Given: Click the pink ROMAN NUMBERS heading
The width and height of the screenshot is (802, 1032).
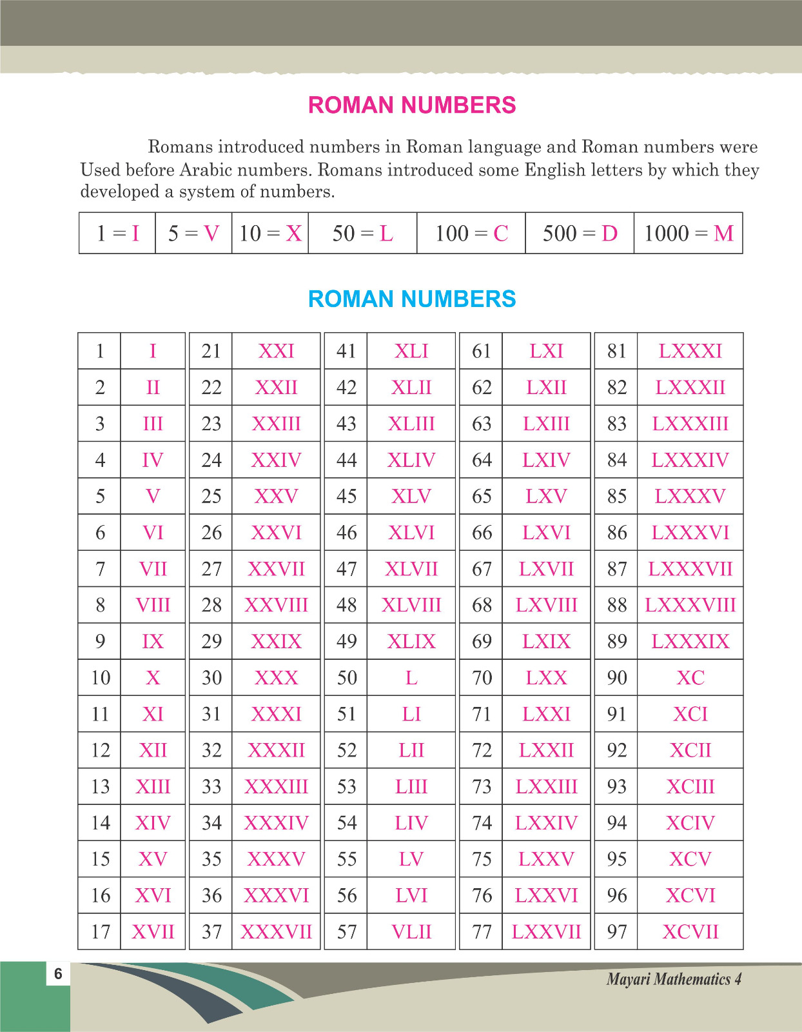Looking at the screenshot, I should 412,105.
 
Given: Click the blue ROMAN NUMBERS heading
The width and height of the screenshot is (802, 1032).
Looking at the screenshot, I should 412,299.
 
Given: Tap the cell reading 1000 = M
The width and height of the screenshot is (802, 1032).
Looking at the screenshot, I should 689,233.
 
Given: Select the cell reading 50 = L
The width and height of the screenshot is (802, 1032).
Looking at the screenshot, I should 362,233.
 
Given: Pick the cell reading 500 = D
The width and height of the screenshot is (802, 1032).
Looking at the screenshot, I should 580,233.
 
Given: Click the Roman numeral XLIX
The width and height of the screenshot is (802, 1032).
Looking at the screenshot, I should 411,641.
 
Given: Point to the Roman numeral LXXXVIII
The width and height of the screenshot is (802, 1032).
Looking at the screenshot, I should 690,605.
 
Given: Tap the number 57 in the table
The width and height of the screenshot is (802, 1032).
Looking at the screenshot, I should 346,931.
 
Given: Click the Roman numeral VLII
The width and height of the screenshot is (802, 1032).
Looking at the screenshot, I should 411,931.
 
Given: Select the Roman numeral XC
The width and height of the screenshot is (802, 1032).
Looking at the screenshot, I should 690,677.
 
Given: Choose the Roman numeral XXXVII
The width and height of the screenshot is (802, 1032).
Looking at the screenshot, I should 276,931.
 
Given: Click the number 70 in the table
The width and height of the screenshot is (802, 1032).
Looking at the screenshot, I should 482,677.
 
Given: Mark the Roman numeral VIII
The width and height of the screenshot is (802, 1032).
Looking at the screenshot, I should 153,605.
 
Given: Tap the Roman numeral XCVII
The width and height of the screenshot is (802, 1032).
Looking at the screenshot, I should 690,931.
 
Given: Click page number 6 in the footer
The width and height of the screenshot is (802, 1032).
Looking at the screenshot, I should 58,973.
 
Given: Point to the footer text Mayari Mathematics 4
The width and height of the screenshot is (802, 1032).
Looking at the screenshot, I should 674,979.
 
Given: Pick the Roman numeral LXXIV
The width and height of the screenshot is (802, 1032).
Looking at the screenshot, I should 546,822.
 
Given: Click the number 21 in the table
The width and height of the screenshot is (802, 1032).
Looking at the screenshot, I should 211,351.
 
